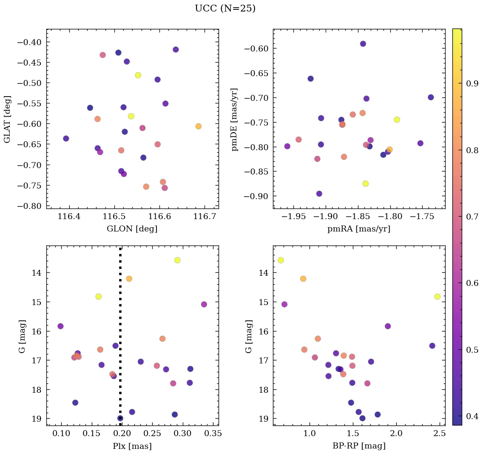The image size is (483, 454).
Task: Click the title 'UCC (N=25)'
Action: pos(225,9)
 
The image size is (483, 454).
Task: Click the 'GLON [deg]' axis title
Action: pos(132,229)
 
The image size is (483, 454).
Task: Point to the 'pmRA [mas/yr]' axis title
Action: pos(359,229)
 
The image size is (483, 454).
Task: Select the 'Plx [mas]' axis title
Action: pos(132,446)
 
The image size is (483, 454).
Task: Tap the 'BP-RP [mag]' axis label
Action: pos(359,446)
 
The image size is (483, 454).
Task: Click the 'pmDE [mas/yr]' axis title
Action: pos(234,120)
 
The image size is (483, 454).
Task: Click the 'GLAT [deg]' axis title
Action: pos(7,120)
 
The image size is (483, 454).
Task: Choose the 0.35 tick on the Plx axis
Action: pos(213,434)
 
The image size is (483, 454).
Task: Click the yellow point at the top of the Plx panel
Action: pos(177,260)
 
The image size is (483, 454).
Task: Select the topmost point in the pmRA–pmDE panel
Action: pos(363,44)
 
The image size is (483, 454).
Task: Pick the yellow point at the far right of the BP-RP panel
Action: pos(437,297)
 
